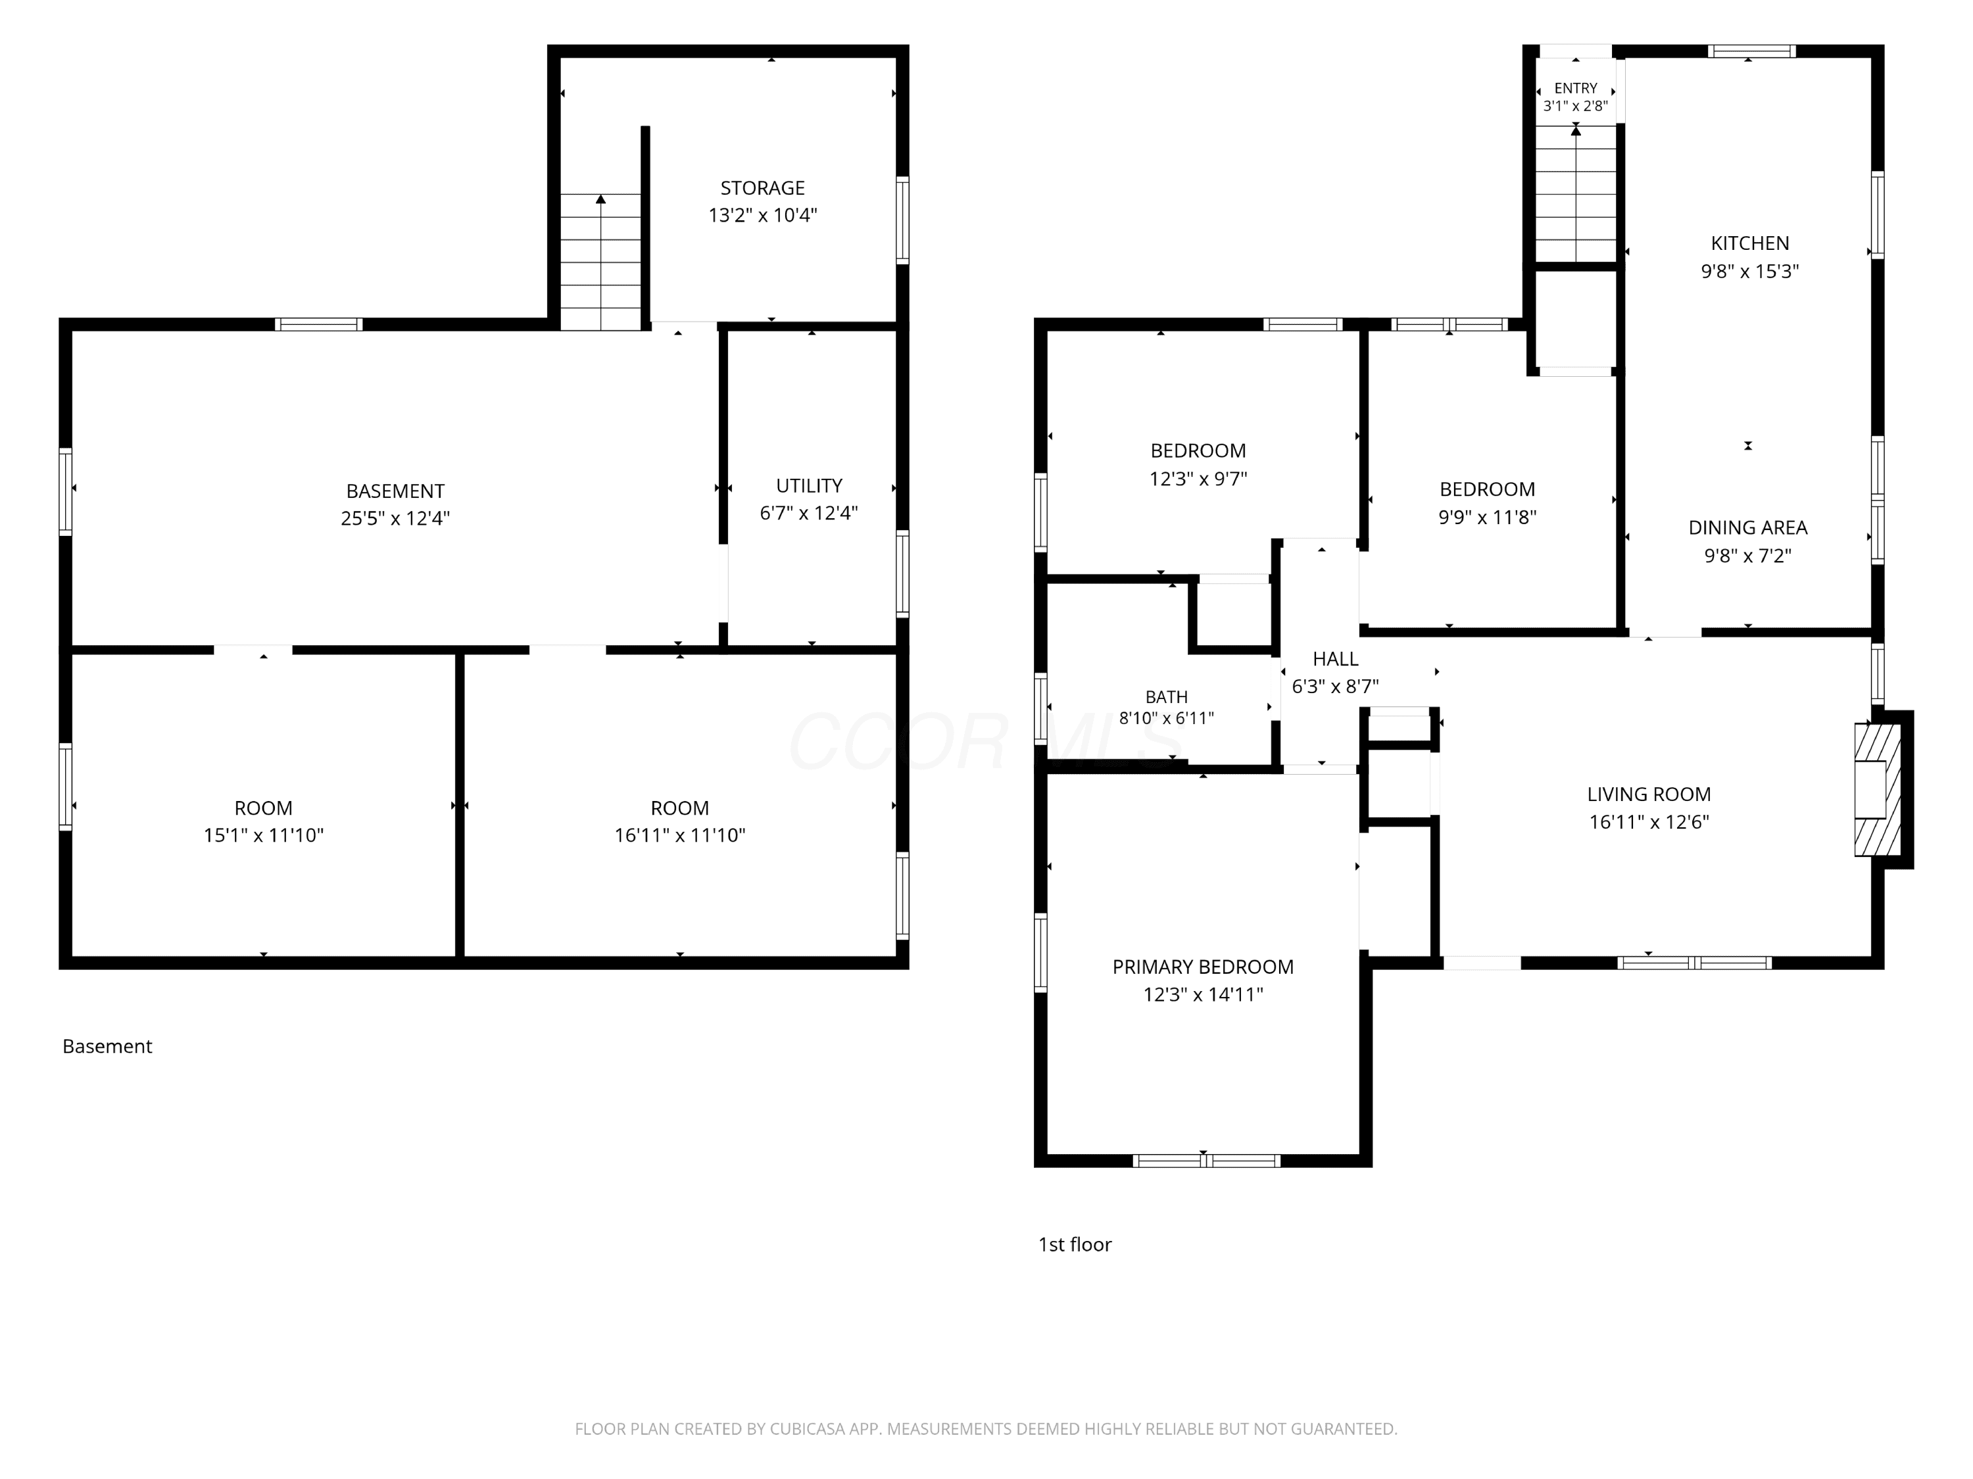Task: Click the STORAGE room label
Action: tap(763, 188)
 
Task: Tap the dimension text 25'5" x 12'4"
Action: tap(395, 518)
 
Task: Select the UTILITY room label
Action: tap(809, 486)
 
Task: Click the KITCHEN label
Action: tap(1750, 243)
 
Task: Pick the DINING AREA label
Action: tap(1748, 528)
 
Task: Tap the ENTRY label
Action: tap(1576, 88)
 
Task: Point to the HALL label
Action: tap(1335, 659)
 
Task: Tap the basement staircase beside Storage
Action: tap(600, 262)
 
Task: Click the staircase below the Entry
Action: tap(1576, 193)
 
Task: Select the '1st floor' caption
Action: tap(1075, 1244)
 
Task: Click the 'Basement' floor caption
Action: tap(107, 1046)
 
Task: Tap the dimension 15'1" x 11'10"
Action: tap(264, 836)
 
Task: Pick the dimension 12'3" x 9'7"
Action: tap(1198, 479)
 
